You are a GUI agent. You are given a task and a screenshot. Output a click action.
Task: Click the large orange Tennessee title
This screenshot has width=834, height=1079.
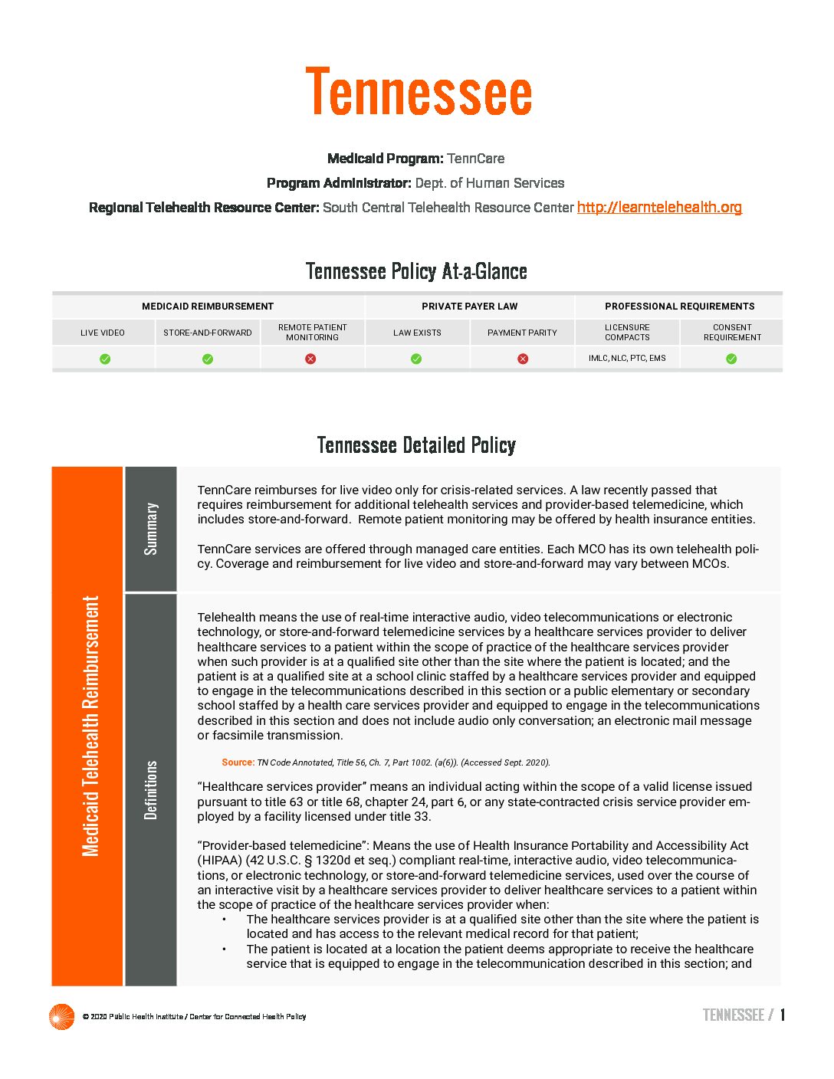(x=419, y=93)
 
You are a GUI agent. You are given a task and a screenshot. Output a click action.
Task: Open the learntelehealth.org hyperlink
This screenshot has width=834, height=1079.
(x=659, y=207)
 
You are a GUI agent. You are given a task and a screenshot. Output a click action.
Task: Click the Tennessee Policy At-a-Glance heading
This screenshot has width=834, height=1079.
(x=416, y=271)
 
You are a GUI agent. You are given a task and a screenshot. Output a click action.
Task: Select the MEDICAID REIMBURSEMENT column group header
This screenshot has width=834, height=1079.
(x=208, y=307)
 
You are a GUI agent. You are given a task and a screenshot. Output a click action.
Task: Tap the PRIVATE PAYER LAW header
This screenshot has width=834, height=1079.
(x=469, y=307)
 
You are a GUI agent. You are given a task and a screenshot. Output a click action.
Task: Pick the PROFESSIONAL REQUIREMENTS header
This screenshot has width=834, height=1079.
(x=679, y=307)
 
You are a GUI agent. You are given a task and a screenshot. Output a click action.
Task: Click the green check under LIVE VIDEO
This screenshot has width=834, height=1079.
(x=105, y=359)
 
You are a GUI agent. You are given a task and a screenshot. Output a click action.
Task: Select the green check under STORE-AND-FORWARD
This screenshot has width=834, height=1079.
(x=208, y=359)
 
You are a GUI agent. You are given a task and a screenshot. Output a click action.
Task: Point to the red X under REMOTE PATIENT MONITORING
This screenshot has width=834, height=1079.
(x=310, y=359)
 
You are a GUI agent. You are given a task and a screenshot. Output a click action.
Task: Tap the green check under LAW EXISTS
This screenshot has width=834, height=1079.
(x=416, y=359)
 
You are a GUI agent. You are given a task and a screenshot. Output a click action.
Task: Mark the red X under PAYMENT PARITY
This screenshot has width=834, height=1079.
(x=523, y=359)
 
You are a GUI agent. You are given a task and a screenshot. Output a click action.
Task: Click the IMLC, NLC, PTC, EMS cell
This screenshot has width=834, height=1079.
(x=627, y=358)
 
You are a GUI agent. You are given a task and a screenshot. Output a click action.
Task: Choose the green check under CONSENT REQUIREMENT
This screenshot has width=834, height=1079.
(x=731, y=359)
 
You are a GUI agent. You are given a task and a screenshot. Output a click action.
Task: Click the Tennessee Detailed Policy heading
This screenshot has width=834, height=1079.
(x=416, y=445)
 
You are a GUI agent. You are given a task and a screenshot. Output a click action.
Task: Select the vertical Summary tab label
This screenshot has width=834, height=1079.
(x=151, y=529)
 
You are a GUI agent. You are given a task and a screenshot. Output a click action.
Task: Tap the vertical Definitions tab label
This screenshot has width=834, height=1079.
(x=151, y=790)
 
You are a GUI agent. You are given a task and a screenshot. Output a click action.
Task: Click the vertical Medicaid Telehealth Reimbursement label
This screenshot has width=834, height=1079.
(x=90, y=726)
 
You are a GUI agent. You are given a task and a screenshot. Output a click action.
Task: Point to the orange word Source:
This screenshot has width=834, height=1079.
(x=238, y=763)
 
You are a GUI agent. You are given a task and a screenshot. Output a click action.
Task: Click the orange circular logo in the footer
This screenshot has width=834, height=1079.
(x=61, y=1016)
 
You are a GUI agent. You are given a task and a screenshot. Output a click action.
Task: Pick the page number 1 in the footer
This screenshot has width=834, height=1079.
(x=783, y=1015)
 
